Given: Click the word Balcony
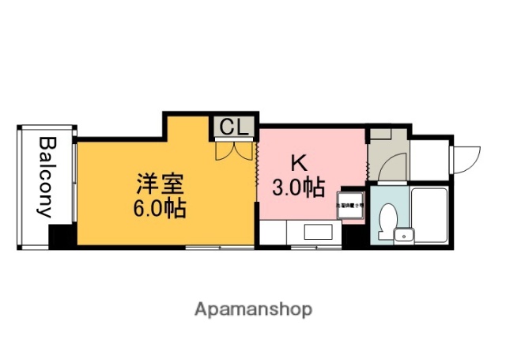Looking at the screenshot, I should coord(46,177).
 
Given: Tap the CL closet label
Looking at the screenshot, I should coord(232,127).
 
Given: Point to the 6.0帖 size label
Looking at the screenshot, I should coord(159,210).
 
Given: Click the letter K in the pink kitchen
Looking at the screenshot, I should coord(298,163).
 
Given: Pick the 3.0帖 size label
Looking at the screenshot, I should coord(298,188).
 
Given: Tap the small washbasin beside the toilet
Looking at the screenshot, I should coord(404,234).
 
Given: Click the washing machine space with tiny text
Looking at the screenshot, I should coord(351,204).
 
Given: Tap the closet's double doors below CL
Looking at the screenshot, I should coord(232,149).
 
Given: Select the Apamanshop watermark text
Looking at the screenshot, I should coord(253,309).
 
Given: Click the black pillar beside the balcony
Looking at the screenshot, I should coord(61,236).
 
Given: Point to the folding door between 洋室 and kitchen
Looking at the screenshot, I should coord(258,170).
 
